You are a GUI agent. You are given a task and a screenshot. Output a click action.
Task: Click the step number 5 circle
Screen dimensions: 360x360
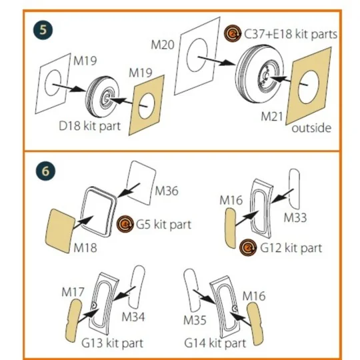(43, 30)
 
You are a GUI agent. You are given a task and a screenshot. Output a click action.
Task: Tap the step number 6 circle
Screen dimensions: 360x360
(45, 171)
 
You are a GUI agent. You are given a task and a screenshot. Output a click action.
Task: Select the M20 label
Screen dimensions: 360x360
(163, 45)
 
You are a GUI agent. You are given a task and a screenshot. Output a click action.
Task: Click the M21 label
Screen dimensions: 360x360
(272, 117)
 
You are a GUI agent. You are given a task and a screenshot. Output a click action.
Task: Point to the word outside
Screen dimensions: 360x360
(311, 128)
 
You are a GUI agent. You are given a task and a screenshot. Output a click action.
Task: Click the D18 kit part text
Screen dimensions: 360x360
(90, 126)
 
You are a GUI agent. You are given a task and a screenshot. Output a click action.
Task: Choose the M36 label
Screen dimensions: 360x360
(167, 191)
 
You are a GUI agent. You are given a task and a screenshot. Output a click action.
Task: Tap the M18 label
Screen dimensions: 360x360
(85, 248)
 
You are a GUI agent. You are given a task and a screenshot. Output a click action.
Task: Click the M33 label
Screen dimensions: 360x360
(295, 217)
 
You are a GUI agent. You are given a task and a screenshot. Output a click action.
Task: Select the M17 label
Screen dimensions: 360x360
(73, 292)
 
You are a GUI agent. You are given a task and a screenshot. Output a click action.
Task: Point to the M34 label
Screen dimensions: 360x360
(133, 317)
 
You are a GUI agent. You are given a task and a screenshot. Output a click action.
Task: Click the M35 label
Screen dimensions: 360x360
(195, 320)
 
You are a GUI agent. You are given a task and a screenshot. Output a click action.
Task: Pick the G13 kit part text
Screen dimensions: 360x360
(112, 343)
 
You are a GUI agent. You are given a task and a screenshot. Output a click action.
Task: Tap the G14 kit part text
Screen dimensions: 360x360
(215, 343)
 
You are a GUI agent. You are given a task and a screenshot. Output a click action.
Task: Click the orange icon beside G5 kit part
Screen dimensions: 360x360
(125, 224)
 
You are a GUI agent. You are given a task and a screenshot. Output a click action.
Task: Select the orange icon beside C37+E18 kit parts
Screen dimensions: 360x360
(233, 33)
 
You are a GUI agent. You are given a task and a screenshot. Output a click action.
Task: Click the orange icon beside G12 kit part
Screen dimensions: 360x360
(248, 248)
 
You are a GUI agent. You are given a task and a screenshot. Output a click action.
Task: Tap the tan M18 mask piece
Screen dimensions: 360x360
(60, 231)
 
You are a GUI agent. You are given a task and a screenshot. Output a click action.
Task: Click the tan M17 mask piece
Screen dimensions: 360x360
(73, 320)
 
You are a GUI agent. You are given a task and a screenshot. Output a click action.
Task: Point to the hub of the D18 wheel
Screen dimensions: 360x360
(107, 99)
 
